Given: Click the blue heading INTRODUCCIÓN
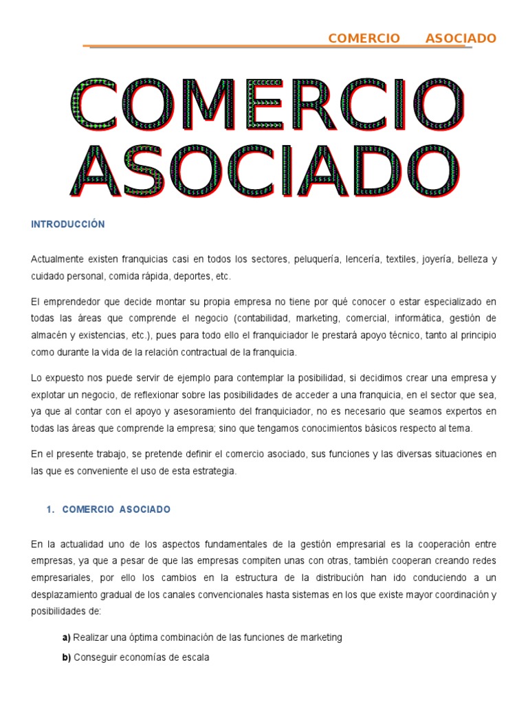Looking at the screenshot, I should tap(67, 225).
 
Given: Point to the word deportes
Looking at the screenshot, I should tap(192, 276).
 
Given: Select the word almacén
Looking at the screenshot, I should tap(49, 335).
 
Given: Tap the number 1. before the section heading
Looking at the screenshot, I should tap(49, 509).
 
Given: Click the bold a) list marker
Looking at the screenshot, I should tap(67, 637).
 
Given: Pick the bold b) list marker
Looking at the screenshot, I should tap(67, 657).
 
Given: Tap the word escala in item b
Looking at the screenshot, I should tap(194, 657).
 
